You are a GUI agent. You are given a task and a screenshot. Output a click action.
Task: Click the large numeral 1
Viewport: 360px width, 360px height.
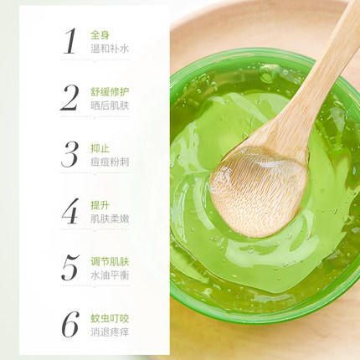click(70, 40)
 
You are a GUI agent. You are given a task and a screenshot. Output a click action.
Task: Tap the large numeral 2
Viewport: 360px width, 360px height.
click(69, 97)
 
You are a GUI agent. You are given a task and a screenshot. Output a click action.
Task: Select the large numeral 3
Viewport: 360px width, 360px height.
click(69, 154)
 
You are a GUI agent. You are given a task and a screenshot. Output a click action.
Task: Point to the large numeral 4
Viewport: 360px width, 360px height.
click(69, 211)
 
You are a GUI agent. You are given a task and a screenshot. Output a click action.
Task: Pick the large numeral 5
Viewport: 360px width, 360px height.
click(70, 268)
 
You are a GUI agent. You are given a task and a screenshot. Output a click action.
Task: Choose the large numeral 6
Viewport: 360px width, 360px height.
click(70, 325)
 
